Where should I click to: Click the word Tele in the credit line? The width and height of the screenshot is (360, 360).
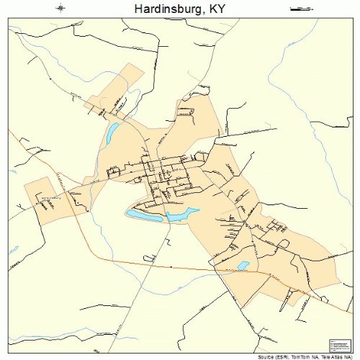324,356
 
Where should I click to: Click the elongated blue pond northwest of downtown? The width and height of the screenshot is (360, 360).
112,134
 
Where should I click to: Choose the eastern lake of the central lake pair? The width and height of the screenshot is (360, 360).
183,214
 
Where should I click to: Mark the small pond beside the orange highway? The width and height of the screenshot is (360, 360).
243,265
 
